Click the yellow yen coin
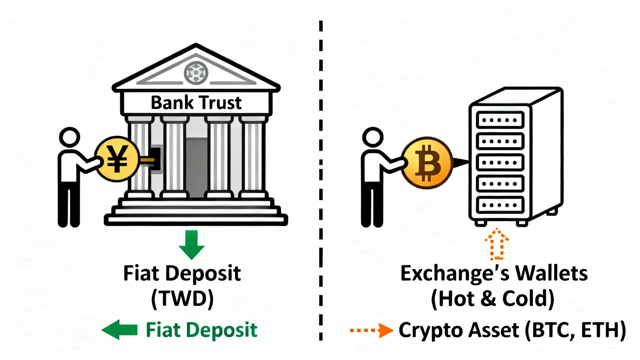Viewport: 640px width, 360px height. coord(117,159)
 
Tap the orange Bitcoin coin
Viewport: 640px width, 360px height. coord(427,163)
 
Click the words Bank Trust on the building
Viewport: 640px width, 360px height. coord(196,103)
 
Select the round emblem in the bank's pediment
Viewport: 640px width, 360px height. coord(196,72)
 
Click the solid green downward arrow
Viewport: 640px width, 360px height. coord(191,244)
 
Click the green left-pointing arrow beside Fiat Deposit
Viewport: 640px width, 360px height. coord(119,330)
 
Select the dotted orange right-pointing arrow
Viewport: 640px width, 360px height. coord(371,330)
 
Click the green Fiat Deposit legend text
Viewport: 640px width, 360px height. coord(201,330)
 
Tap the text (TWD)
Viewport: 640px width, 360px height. coord(182,299)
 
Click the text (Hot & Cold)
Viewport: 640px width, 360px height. coord(493,299)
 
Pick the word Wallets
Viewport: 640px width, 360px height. coord(551,273)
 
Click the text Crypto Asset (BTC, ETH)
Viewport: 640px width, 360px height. coord(512,330)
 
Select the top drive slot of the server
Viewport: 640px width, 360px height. coord(500,120)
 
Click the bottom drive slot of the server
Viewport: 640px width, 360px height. coord(500,205)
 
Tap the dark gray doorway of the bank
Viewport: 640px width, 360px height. coord(196,165)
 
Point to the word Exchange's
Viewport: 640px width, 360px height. coord(455,273)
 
